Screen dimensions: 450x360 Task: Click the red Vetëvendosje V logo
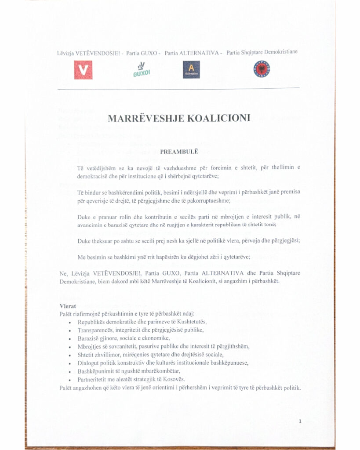tap(83, 70)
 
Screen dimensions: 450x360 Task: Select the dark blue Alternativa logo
tap(191, 69)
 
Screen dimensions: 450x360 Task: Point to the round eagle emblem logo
tap(262, 69)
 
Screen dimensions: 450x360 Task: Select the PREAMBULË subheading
tap(180, 152)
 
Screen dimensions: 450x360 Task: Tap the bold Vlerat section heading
tap(68, 306)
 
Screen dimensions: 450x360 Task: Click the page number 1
tap(300, 421)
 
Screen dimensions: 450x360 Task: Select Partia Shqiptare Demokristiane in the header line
tap(262, 52)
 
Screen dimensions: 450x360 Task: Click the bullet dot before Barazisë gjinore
tap(70, 338)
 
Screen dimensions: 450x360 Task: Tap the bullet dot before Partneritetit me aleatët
tap(70, 380)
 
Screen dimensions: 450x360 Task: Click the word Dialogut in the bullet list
tap(89, 363)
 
